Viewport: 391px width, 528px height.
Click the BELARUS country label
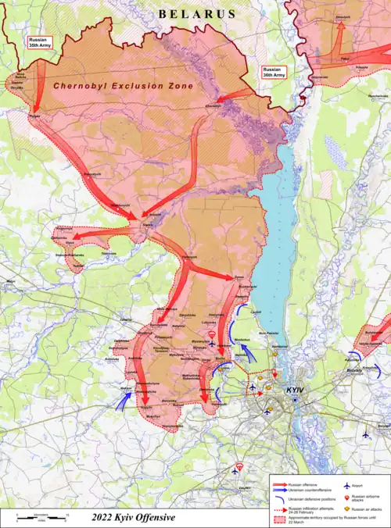point(196,14)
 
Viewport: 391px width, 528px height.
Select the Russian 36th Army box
point(273,73)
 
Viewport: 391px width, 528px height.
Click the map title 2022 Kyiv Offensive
point(133,517)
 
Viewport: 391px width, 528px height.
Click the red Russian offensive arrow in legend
point(279,485)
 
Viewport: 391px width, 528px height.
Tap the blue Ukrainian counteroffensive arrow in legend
point(279,491)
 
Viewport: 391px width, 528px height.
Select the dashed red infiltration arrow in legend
point(279,510)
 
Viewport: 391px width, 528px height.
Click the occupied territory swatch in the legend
point(279,520)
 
